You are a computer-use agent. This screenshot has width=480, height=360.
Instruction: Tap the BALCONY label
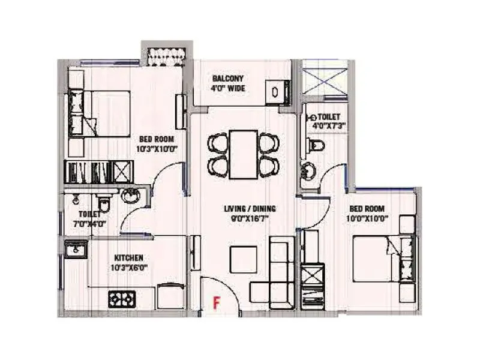227,79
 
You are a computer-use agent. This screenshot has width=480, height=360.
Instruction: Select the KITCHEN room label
125,257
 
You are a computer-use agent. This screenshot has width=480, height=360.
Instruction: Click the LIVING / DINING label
250,208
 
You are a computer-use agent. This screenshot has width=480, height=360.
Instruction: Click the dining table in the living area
243,154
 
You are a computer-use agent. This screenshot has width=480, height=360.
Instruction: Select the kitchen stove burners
122,297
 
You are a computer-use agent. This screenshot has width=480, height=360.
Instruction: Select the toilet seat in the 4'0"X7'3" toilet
316,145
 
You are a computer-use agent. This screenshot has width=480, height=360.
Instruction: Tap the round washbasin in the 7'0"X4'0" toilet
130,195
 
